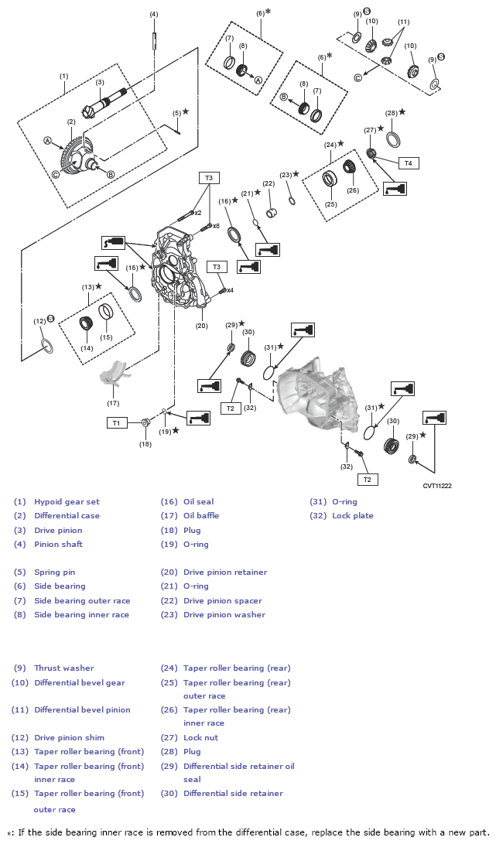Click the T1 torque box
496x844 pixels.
[116, 422]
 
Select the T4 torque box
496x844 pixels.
[409, 163]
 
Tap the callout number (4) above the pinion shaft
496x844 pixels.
[154, 14]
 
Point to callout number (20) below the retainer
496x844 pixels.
[201, 326]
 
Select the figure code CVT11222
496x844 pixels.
[437, 486]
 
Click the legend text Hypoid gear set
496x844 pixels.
[67, 501]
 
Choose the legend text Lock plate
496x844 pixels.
[352, 515]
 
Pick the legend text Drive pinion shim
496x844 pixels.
[69, 737]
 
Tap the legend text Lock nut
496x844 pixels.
[200, 737]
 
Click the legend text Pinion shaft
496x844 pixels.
[58, 544]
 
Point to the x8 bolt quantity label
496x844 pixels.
[216, 226]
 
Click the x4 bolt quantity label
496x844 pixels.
[230, 290]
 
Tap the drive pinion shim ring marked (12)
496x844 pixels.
[46, 345]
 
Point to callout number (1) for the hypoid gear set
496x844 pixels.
[63, 76]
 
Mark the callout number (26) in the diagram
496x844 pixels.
[353, 190]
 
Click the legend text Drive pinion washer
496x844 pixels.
[224, 614]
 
